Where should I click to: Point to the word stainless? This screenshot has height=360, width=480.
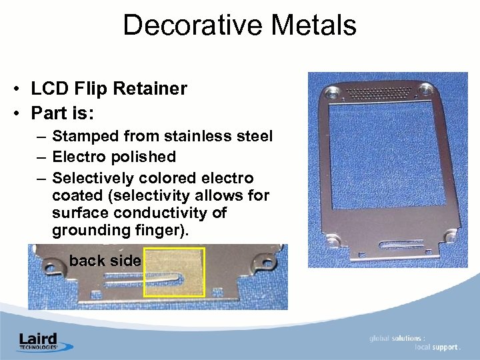[196, 137]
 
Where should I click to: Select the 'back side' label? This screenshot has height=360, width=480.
[105, 261]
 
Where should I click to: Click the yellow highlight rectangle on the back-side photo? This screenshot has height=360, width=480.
[175, 272]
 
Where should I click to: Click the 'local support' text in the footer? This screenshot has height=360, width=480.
[437, 347]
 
